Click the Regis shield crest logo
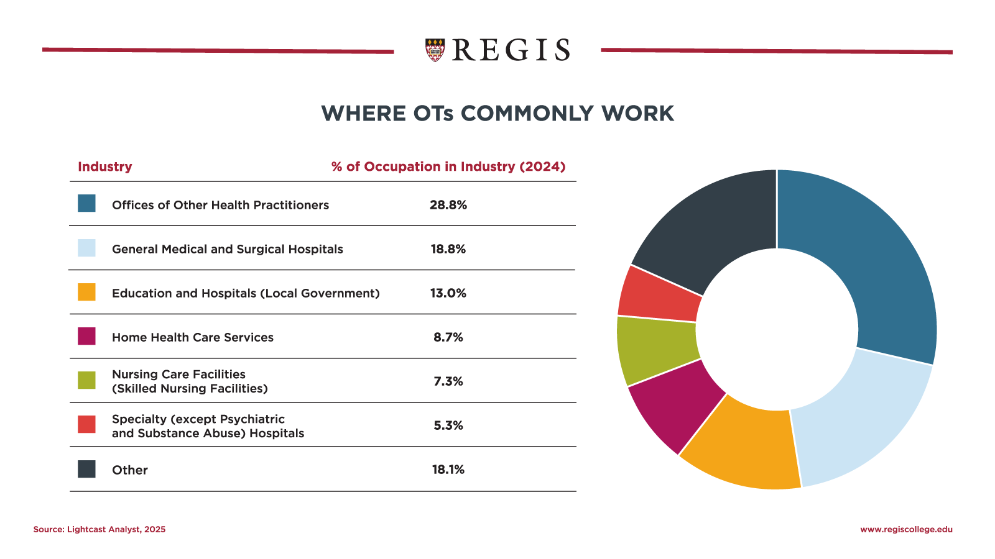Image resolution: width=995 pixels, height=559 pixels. (435, 50)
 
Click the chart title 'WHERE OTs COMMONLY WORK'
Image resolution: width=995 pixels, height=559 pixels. (497, 114)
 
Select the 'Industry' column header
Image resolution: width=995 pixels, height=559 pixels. (104, 166)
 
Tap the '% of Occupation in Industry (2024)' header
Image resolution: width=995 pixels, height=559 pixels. (448, 166)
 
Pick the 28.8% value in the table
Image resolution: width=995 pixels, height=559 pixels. (448, 205)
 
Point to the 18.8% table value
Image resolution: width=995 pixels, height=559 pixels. (448, 249)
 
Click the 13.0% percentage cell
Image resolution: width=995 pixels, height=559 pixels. (448, 293)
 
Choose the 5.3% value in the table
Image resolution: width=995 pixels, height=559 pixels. (448, 425)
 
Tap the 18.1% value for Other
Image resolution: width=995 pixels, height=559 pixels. (448, 470)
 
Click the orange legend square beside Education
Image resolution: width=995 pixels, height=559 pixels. (86, 292)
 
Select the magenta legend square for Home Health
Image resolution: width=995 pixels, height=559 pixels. (86, 336)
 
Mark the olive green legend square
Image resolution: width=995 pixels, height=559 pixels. (86, 380)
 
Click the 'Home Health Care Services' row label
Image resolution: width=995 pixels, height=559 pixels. (192, 337)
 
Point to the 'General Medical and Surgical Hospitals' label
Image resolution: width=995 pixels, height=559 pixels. (227, 249)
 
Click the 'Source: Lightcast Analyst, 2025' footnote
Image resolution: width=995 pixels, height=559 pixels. (99, 529)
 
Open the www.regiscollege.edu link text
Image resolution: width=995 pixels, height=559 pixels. (906, 529)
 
